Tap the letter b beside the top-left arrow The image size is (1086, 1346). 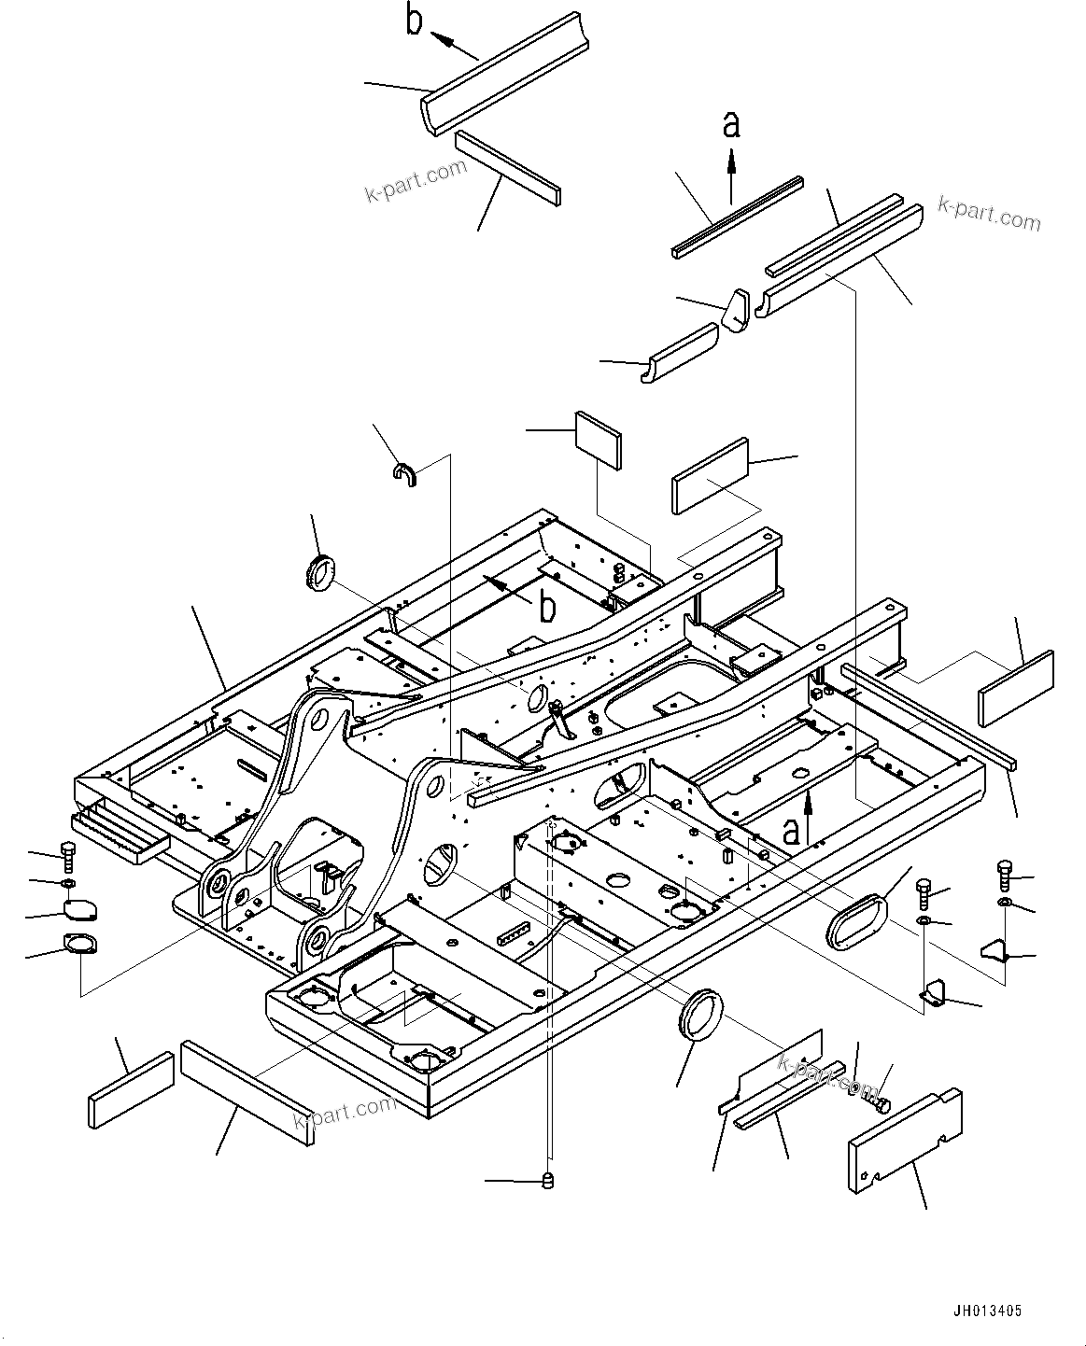415,21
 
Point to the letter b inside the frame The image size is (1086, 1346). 546,608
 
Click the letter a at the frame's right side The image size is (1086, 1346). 791,830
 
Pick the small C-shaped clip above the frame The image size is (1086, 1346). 405,474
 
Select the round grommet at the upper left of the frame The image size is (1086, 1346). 319,571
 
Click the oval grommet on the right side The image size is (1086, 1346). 855,918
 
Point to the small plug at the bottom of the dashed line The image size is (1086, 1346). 549,1182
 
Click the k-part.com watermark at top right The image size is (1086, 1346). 989,214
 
